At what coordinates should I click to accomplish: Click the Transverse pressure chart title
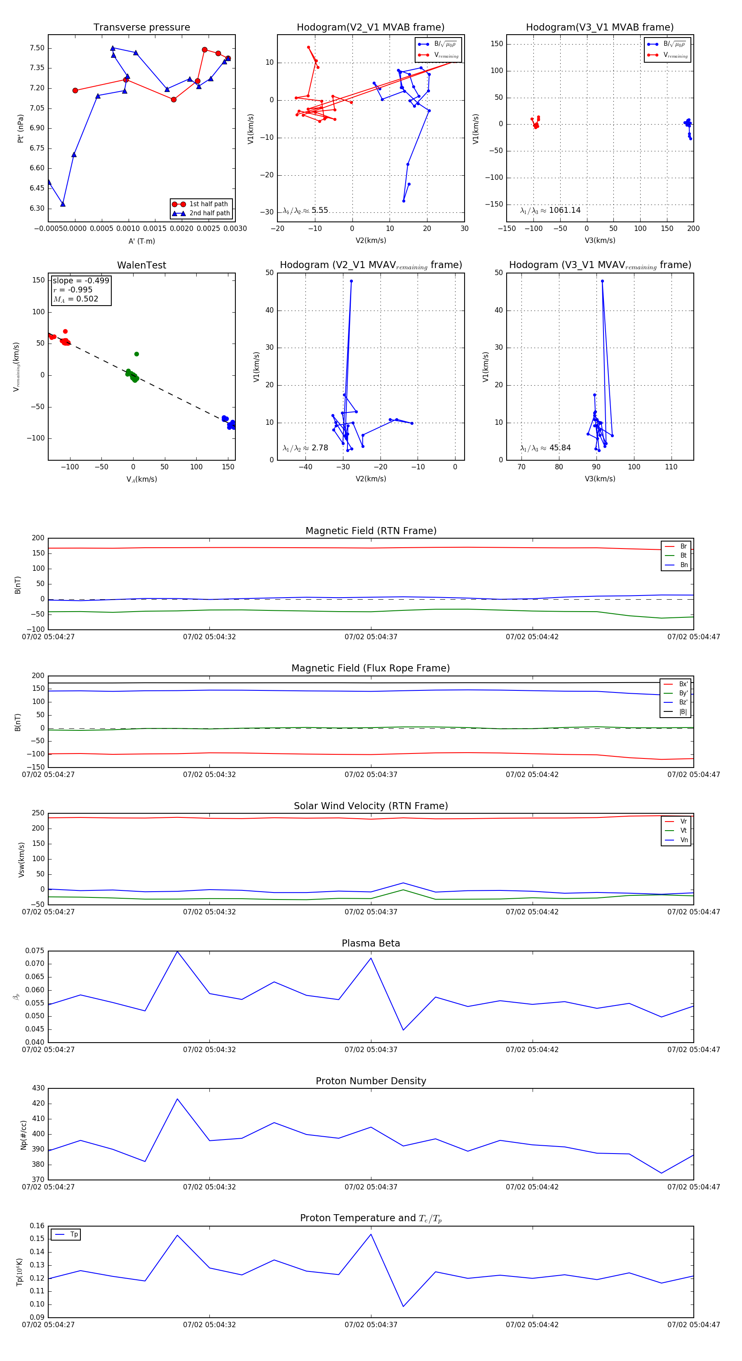[x=141, y=28]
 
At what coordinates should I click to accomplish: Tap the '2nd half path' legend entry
[x=209, y=214]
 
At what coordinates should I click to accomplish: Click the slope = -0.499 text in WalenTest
[x=81, y=280]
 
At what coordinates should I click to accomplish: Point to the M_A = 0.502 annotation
[x=75, y=299]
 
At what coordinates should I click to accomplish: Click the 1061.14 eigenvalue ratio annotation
[x=564, y=210]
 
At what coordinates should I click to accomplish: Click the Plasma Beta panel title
[x=371, y=943]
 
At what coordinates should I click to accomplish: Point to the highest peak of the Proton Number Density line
[x=177, y=1099]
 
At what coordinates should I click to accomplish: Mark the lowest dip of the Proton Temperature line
[x=404, y=1307]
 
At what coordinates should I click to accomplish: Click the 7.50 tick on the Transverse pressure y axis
[x=37, y=48]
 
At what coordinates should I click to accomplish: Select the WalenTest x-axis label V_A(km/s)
[x=141, y=479]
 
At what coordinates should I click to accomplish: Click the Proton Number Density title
[x=371, y=1081]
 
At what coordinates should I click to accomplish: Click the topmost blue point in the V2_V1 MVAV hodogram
[x=351, y=281]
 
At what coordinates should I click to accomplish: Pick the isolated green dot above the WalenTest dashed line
[x=136, y=354]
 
